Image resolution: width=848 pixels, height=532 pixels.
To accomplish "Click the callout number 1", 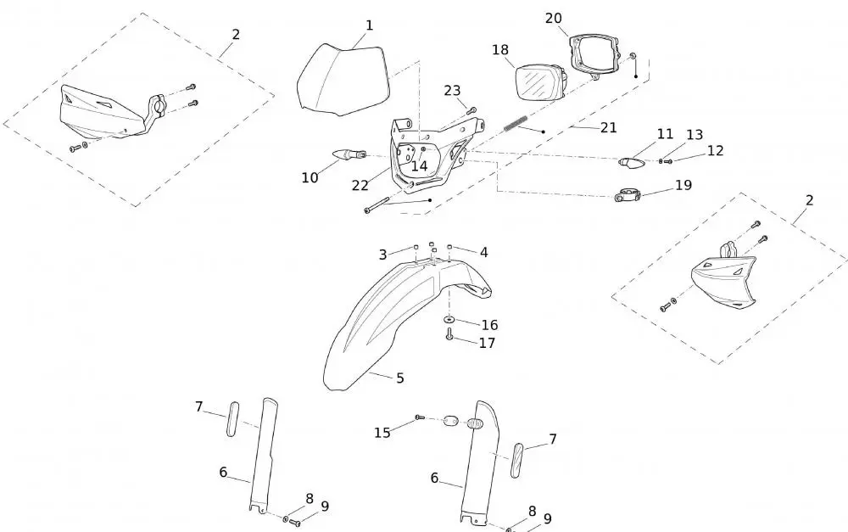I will pyautogui.click(x=369, y=25).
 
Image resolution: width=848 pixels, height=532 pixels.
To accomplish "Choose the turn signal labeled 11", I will pyautogui.click(x=630, y=160).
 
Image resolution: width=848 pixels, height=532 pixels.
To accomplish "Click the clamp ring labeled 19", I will pyautogui.click(x=626, y=196).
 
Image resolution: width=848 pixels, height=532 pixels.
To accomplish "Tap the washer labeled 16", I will pyautogui.click(x=449, y=320).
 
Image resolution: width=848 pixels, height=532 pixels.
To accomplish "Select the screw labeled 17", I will pyautogui.click(x=449, y=335).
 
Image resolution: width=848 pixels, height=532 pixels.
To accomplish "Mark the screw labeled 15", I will pyautogui.click(x=419, y=417).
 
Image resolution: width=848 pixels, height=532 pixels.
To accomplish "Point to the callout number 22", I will pyautogui.click(x=360, y=185).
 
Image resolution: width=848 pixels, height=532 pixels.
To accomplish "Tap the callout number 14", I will pyautogui.click(x=419, y=166).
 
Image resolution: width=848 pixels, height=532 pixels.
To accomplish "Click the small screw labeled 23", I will pyautogui.click(x=472, y=109).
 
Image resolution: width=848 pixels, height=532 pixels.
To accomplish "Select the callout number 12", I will pyautogui.click(x=715, y=150).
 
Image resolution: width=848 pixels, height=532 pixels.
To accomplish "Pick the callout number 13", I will pyautogui.click(x=695, y=135).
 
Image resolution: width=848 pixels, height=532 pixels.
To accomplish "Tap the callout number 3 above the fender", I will pyautogui.click(x=383, y=255).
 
